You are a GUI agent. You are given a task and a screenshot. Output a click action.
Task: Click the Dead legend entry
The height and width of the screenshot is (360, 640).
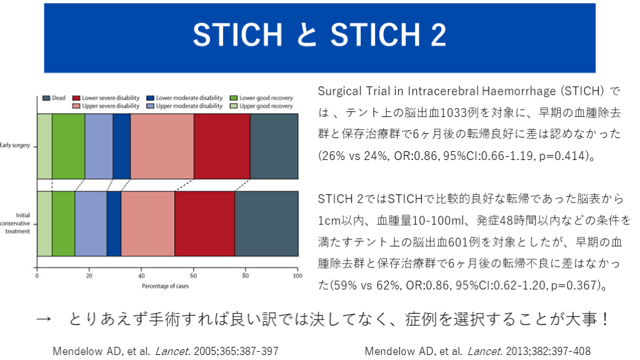click(x=54, y=98)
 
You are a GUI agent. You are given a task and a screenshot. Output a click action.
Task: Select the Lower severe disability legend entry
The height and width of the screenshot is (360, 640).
click(x=106, y=98)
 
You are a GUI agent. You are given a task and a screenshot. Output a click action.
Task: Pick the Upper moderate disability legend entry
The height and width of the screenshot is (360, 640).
click(x=184, y=106)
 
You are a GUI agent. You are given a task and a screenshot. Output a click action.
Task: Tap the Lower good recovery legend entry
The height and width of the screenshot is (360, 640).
click(x=261, y=98)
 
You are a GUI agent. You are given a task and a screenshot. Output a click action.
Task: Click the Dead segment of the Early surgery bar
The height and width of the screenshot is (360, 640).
click(x=274, y=146)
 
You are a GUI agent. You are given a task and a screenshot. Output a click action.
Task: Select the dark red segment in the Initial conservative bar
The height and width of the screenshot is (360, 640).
click(x=204, y=224)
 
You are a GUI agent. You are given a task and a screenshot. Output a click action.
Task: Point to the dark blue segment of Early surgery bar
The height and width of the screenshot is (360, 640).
click(x=122, y=146)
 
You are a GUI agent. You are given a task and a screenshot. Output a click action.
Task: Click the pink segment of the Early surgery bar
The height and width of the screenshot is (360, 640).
click(x=162, y=146)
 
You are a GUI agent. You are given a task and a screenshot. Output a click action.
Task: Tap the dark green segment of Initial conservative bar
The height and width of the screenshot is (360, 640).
click(x=63, y=224)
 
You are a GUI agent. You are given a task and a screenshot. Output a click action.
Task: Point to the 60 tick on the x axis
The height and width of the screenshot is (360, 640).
click(x=194, y=269)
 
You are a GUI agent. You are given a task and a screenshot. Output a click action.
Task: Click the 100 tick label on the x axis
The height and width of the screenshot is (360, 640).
click(x=297, y=276)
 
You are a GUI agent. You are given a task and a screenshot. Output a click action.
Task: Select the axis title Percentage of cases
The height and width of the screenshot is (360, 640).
click(x=165, y=286)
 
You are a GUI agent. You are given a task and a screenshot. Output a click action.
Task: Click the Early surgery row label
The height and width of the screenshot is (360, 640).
click(x=15, y=145)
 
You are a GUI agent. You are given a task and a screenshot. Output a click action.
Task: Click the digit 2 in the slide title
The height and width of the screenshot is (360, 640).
click(x=438, y=35)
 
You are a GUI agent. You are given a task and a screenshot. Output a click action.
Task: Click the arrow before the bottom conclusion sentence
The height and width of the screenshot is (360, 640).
click(x=43, y=319)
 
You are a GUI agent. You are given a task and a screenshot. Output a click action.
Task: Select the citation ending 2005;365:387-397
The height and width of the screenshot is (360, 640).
click(x=165, y=351)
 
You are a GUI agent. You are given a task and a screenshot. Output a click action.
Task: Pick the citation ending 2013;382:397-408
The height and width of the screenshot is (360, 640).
click(x=477, y=351)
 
